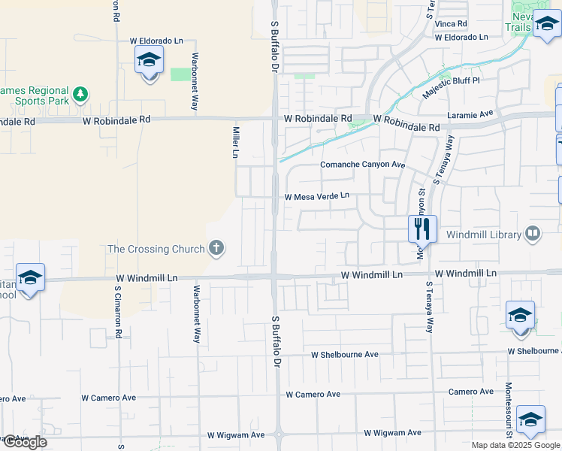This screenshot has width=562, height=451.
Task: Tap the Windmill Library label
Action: [x=484, y=235]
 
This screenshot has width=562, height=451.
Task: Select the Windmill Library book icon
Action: [x=533, y=234]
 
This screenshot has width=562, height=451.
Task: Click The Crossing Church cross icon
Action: [x=216, y=249]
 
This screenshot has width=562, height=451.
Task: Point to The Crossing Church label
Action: [x=156, y=249]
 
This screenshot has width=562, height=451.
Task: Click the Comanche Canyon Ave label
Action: [x=362, y=165]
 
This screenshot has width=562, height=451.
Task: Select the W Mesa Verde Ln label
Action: [x=317, y=196]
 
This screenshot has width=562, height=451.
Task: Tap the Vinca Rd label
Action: [x=451, y=23]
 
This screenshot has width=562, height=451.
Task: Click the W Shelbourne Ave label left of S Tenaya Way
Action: [x=346, y=354]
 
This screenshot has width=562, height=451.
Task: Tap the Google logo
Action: [x=24, y=442]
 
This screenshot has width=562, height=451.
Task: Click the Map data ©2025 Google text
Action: [x=515, y=445]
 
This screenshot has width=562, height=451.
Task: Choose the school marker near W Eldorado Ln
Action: [x=149, y=60]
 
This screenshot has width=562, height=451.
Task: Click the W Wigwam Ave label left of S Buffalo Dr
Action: [x=236, y=435]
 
